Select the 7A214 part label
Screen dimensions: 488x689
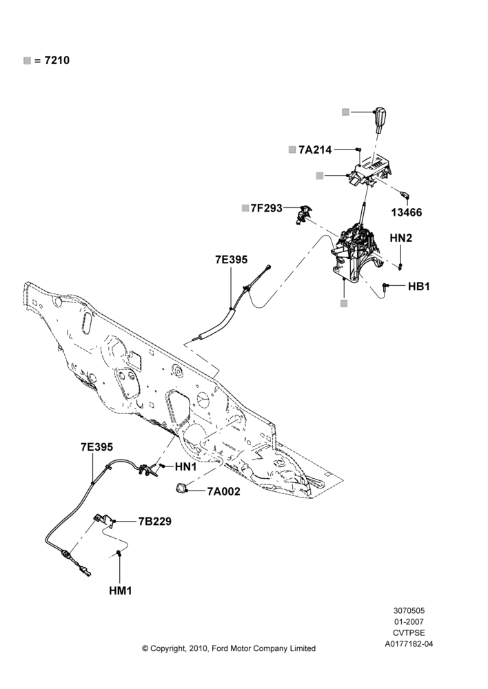(x=315, y=150)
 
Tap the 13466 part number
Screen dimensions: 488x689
(x=407, y=213)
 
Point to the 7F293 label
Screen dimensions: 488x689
(x=267, y=208)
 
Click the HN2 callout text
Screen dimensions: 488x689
(x=401, y=238)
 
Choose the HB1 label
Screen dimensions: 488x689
(x=419, y=287)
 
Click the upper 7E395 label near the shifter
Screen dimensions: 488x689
(x=232, y=260)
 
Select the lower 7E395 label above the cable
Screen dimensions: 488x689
(x=96, y=447)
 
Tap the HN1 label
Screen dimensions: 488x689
(x=186, y=466)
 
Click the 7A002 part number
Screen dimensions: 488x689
(x=224, y=492)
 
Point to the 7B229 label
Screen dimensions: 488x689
(x=155, y=522)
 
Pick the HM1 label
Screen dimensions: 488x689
(x=121, y=591)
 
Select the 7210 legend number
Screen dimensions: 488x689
(x=57, y=60)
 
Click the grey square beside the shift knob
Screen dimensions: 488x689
(x=345, y=112)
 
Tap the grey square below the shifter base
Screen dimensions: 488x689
(x=344, y=303)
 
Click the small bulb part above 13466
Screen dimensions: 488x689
(x=405, y=194)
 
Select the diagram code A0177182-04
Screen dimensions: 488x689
(x=409, y=644)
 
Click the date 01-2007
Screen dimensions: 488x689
(x=409, y=621)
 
